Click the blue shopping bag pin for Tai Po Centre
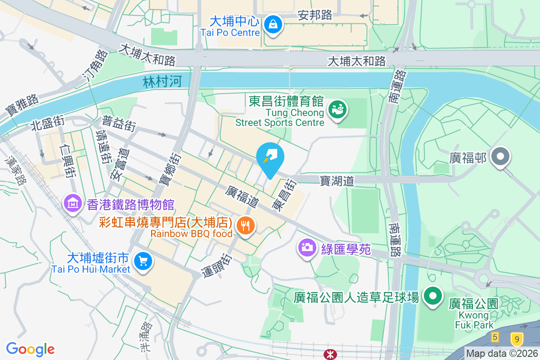pyautogui.click(x=273, y=24)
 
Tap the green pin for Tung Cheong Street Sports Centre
pyautogui.click(x=337, y=110)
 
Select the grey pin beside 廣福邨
pyautogui.click(x=500, y=157)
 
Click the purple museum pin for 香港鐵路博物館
pyautogui.click(x=73, y=204)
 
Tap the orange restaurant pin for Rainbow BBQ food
pyautogui.click(x=245, y=225)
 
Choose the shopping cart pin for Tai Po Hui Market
pyautogui.click(x=143, y=261)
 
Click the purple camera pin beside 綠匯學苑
pyautogui.click(x=308, y=247)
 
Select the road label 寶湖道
pyautogui.click(x=337, y=181)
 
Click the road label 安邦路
pyautogui.click(x=315, y=15)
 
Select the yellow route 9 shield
pyautogui.click(x=517, y=338)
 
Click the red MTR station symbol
pyautogui.click(x=330, y=355)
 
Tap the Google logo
pyautogui.click(x=30, y=349)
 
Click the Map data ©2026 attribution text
pyautogui.click(x=502, y=354)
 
